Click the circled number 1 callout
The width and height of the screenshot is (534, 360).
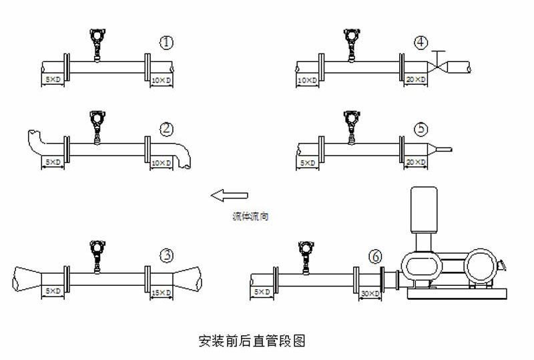[x=166, y=43]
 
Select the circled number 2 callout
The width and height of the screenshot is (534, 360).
[x=166, y=128]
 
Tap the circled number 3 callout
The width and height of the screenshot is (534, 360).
[x=166, y=254]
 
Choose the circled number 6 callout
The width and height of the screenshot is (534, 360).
[x=376, y=255]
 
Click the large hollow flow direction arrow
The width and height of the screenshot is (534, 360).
[x=229, y=195]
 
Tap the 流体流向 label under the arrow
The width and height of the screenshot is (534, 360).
[x=250, y=217]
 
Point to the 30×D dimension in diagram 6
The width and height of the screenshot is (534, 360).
[x=369, y=293]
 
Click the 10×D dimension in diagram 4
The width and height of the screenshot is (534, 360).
[x=308, y=80]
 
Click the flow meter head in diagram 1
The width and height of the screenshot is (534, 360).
[x=98, y=35]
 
